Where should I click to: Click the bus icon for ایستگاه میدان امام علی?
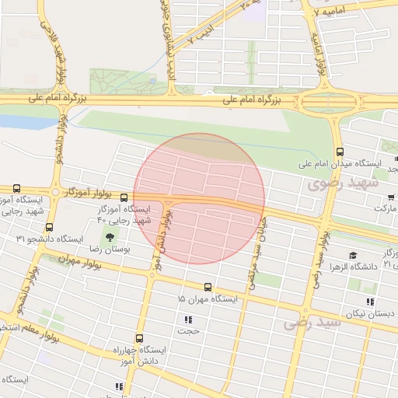point(339,152)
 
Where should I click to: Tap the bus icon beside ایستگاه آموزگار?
point(124,197)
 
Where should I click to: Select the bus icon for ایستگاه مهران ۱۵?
point(208,287)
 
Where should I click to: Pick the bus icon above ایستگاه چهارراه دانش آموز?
point(139,338)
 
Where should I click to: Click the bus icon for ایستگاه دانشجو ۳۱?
point(49,227)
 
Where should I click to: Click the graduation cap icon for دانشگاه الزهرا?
point(353,255)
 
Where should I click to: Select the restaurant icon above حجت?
point(188,319)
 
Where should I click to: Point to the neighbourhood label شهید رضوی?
point(342,184)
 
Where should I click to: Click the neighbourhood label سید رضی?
point(312,321)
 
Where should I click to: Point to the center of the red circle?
point(200,198)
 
